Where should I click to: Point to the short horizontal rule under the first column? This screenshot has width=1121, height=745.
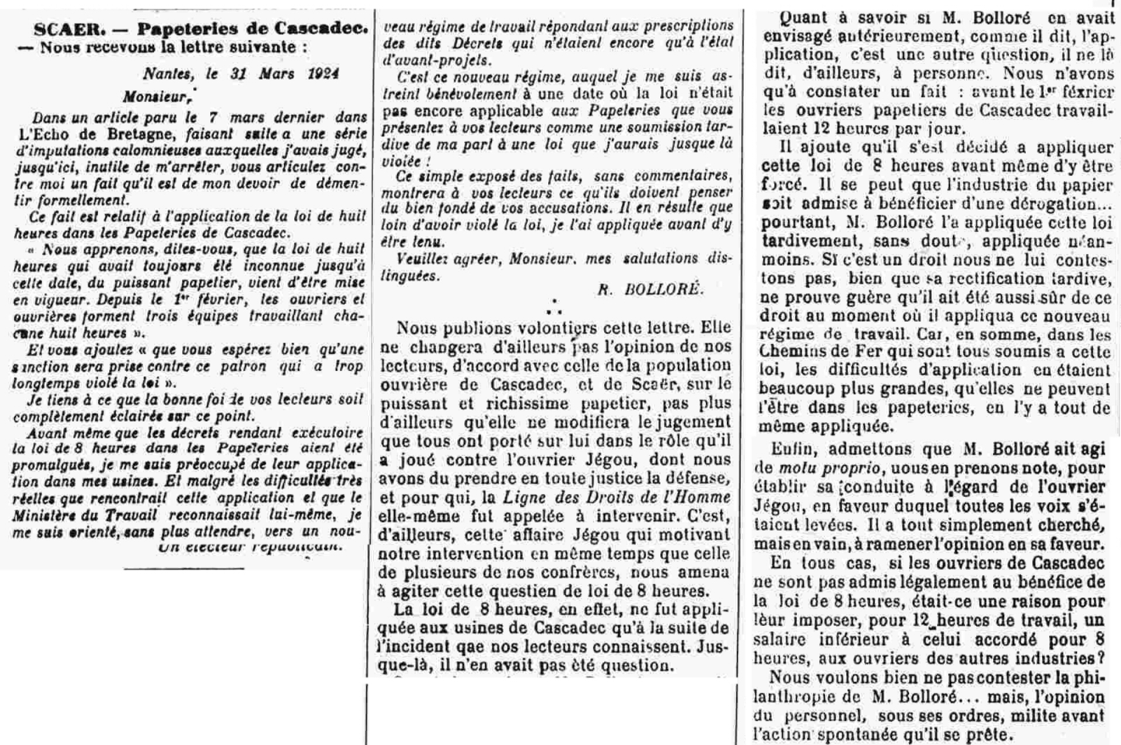click(184, 568)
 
